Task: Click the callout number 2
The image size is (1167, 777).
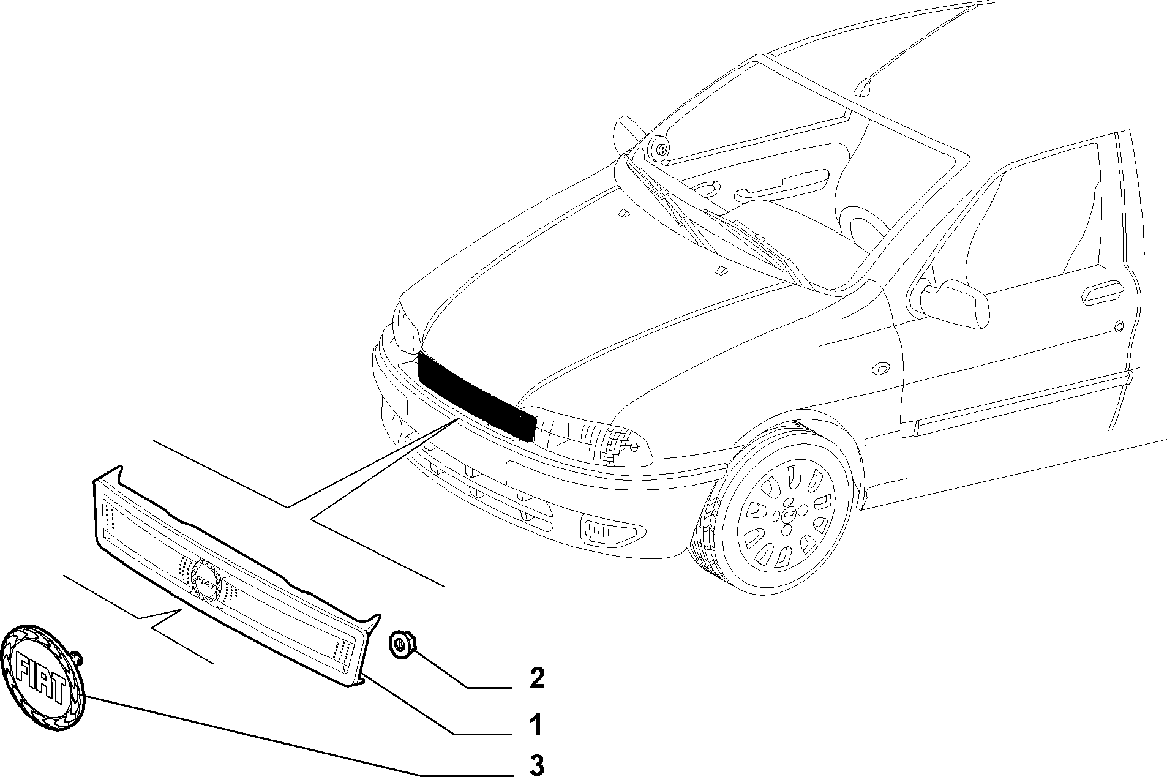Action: tap(536, 679)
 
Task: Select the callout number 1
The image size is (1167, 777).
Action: tap(536, 725)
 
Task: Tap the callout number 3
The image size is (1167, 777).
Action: tap(536, 765)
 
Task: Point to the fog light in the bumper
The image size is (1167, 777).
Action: tap(609, 530)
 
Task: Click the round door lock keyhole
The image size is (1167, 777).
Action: tap(1119, 326)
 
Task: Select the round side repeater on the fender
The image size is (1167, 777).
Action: tap(881, 369)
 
